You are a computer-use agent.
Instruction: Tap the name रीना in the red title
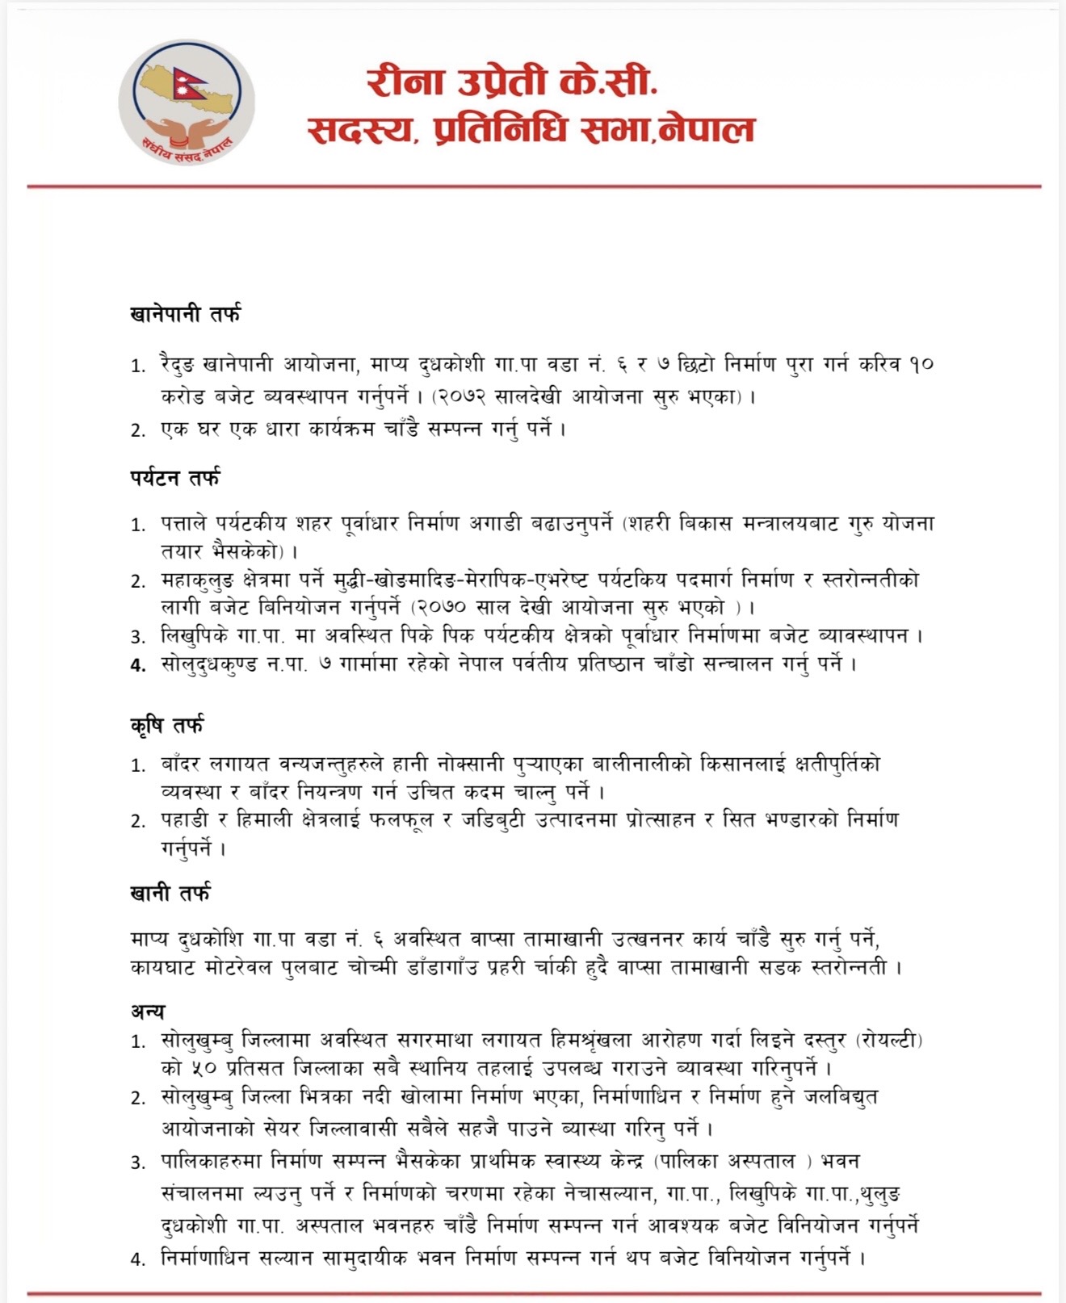pos(404,82)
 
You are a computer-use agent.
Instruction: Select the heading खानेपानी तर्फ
pos(185,314)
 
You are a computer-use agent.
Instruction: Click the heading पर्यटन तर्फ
pos(174,478)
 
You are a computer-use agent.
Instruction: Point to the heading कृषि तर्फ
pos(166,724)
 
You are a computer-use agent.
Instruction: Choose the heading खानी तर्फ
pos(170,893)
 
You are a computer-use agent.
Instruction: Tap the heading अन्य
pos(147,1011)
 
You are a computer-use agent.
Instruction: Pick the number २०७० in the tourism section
pos(447,607)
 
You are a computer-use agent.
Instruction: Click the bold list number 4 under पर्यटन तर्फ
pos(138,665)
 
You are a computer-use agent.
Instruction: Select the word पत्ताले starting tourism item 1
pos(188,523)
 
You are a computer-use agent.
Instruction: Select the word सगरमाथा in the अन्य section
pos(426,1040)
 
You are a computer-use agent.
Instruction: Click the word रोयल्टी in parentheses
pos(888,1040)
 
